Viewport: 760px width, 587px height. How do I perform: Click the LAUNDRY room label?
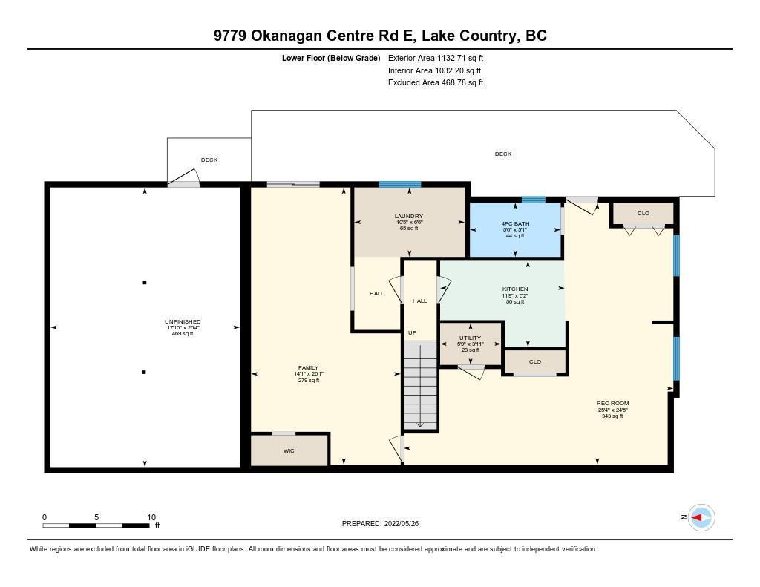408,216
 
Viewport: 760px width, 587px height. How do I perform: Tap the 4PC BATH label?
514,223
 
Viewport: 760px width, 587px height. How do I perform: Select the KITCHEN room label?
515,289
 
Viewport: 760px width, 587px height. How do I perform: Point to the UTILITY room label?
470,338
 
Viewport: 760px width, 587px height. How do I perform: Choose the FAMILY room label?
308,367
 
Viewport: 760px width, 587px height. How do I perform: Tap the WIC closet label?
289,450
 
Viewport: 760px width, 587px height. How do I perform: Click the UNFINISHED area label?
182,321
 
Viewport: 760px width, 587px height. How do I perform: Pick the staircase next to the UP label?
420,384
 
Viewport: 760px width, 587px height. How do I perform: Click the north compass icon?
701,517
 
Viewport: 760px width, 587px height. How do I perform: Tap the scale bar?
96,525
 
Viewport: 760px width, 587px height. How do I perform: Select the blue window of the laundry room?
399,184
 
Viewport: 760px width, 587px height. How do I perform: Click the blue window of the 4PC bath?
533,199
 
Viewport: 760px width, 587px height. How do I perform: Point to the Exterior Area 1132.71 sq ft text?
436,57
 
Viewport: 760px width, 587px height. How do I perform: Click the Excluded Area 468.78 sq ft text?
436,83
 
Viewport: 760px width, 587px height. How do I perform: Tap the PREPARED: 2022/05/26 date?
385,524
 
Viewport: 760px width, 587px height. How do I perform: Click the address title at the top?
380,36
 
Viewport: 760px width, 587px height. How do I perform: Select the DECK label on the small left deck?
209,160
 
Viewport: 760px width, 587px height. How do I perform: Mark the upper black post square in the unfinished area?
145,283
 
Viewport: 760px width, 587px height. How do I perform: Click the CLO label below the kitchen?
534,362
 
